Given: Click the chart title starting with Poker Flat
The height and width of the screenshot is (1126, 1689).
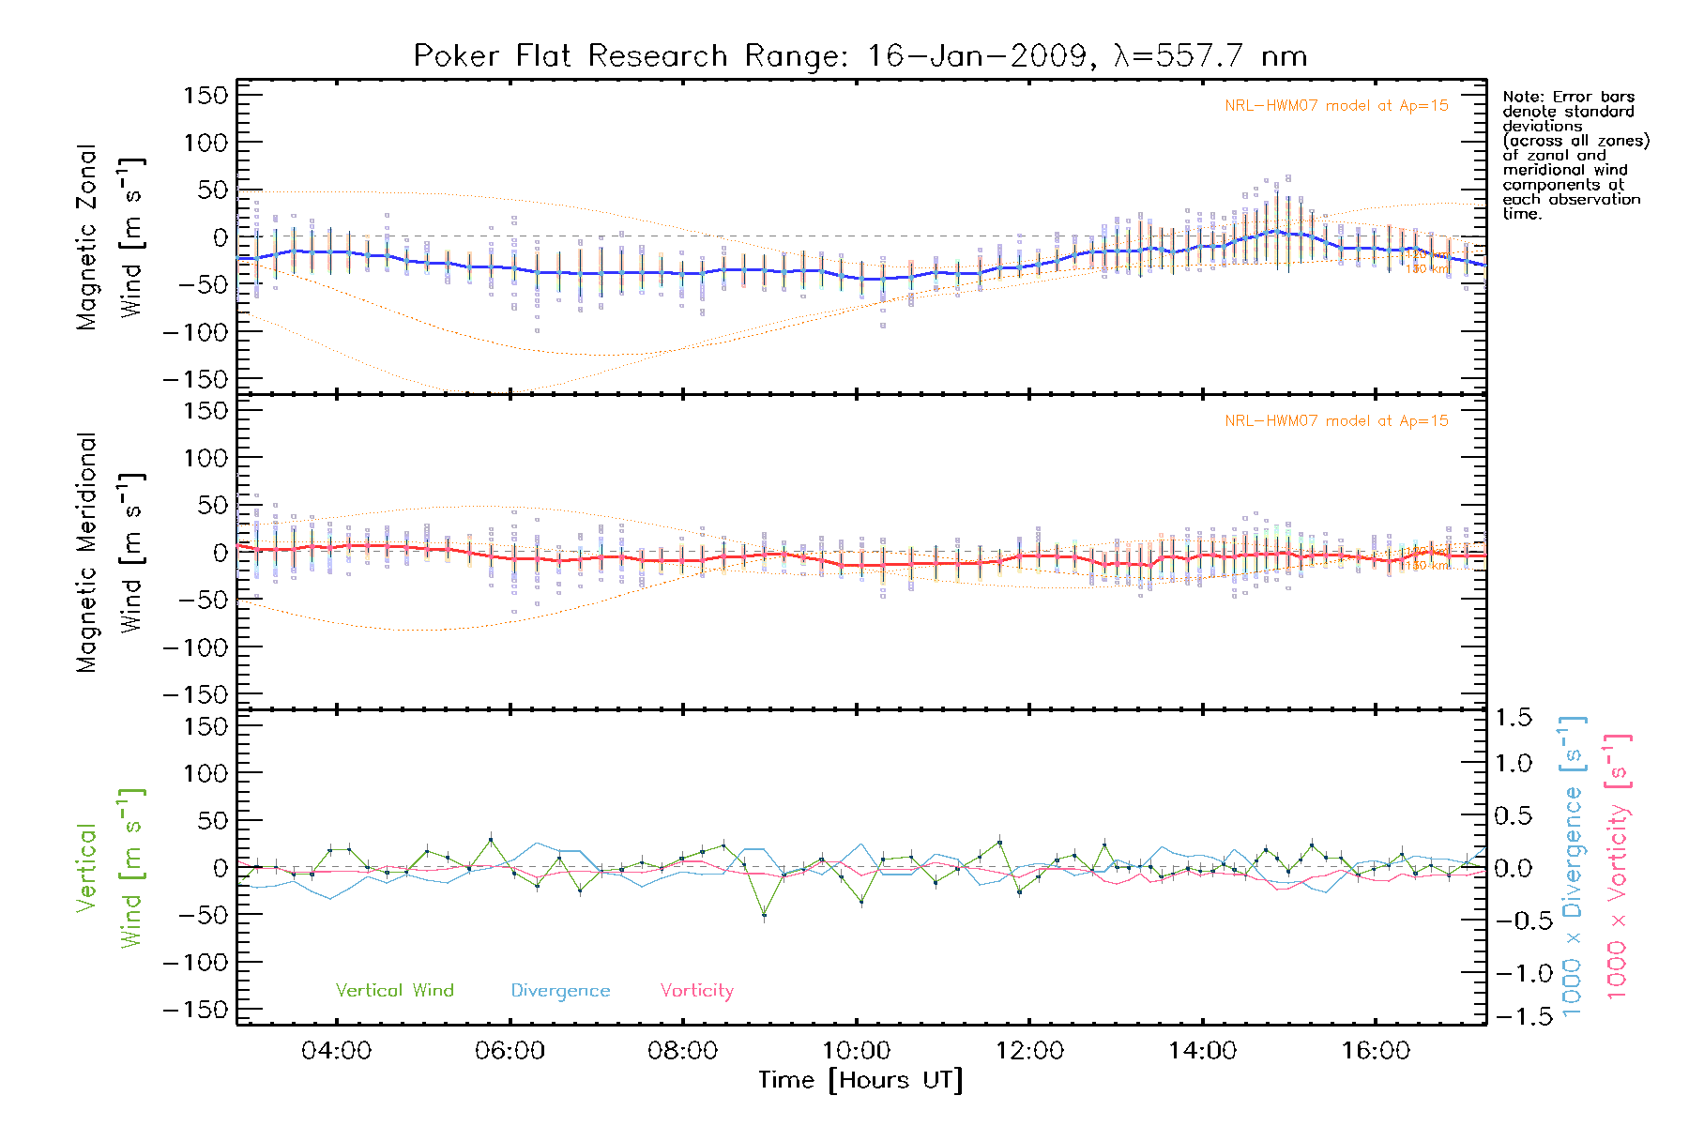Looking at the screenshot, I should [860, 56].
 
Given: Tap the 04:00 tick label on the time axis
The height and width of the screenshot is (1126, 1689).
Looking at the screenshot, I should [336, 1051].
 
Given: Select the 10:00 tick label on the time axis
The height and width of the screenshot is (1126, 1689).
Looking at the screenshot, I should [856, 1051].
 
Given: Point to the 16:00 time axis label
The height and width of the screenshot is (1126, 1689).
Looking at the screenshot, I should [1376, 1051].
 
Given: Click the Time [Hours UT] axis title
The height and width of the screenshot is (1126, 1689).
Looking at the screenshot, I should [860, 1081].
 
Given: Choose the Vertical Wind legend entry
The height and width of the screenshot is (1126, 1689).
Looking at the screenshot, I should [394, 991].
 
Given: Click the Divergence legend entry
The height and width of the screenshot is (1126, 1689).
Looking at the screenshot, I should [560, 991].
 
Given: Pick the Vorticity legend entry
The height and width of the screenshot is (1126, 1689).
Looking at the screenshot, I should [696, 991].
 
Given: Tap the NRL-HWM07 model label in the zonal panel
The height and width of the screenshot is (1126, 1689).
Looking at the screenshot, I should [1336, 106].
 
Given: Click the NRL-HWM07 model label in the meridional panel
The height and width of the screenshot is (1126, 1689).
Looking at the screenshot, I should [1336, 421].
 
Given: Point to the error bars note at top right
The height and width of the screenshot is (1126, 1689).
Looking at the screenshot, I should [1575, 155].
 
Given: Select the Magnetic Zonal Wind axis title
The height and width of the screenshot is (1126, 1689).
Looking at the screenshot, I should [111, 236].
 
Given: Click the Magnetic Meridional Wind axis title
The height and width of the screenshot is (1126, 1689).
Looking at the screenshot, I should [111, 552].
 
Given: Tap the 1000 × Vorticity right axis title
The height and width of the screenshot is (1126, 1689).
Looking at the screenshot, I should [1618, 867].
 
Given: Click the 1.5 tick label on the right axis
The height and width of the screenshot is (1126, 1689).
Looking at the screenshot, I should [1513, 718].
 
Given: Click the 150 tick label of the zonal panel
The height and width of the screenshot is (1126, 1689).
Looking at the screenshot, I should [205, 96].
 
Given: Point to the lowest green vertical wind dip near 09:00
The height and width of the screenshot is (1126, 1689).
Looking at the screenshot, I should [765, 915].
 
